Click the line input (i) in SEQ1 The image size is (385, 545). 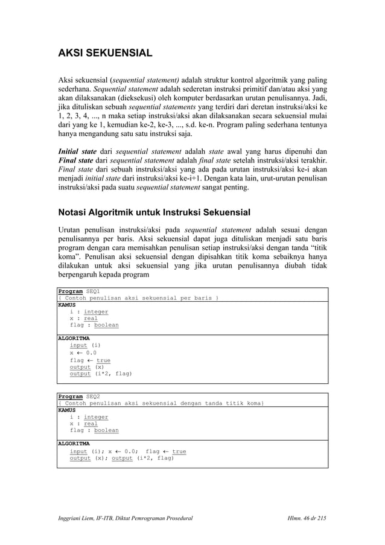click(x=85, y=346)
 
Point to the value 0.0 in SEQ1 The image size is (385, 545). click(x=91, y=353)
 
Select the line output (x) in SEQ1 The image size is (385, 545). click(x=87, y=367)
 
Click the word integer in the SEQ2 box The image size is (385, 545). click(x=96, y=417)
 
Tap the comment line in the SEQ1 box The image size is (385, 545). click(x=138, y=298)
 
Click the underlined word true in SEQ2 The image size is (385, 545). click(x=179, y=451)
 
